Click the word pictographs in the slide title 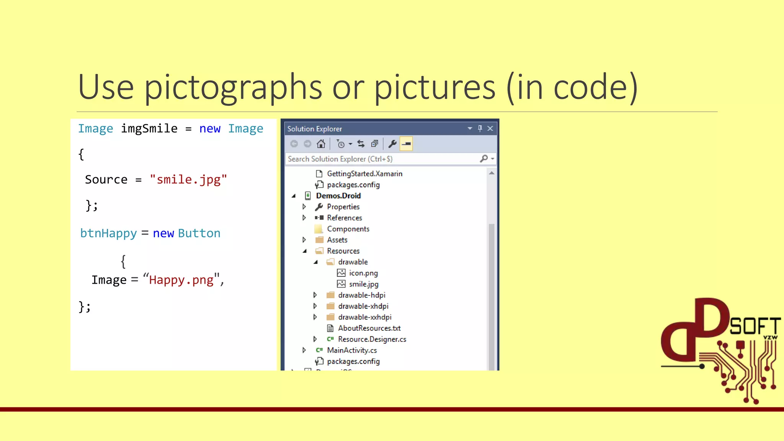coord(233,87)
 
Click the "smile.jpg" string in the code coord(188,180)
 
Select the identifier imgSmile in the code coord(149,129)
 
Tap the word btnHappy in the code coord(108,233)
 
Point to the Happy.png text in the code coord(181,280)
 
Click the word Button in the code coord(199,233)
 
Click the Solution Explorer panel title coord(315,129)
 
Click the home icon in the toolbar coord(321,144)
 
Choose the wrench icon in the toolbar coord(392,144)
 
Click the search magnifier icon coord(484,158)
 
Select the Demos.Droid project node coord(338,196)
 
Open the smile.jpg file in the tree coord(364,284)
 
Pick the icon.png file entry coord(363,273)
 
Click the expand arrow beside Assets coord(304,240)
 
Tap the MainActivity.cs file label coord(352,350)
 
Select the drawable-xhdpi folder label coord(363,306)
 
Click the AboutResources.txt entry coord(369,328)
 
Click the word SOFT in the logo coord(755,326)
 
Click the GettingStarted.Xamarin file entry coord(364,174)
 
